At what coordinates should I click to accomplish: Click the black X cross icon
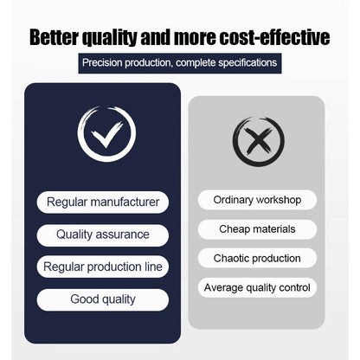pos(259,141)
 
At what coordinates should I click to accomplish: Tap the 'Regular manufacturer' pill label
pos(103,202)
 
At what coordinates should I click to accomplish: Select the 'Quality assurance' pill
pos(103,235)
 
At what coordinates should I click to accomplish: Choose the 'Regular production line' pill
pos(103,267)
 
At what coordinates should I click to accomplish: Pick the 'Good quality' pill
pos(103,299)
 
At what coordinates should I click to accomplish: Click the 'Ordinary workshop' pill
pos(257,200)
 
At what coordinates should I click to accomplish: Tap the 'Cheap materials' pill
pos(257,229)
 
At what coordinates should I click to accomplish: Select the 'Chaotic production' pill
pos(257,258)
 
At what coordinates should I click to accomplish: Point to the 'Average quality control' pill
pos(257,287)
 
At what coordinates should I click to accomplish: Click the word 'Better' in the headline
pos(54,37)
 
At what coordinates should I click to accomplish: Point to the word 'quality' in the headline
pos(109,38)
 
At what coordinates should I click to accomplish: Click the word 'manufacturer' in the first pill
pos(125,202)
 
